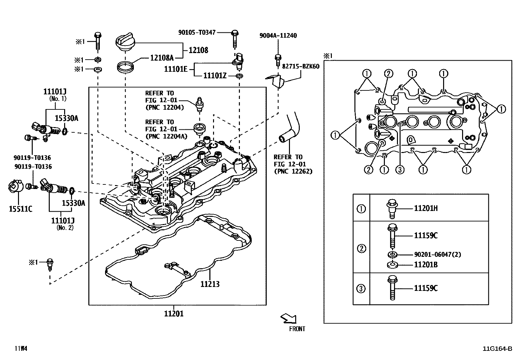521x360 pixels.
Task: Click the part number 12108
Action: (x=198, y=50)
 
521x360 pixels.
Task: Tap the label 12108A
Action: (x=162, y=58)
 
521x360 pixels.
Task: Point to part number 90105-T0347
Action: (x=197, y=32)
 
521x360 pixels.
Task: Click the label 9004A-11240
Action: (x=278, y=36)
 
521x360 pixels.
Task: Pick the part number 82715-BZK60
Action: (x=300, y=66)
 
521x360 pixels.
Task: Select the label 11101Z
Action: (x=215, y=76)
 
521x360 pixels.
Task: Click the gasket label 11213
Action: (x=210, y=284)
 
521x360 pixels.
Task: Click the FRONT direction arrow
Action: (x=289, y=318)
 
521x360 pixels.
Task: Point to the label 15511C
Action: (x=20, y=209)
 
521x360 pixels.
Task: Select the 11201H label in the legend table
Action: (x=425, y=208)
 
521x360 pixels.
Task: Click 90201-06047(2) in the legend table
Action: (x=437, y=255)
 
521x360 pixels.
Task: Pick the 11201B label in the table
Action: (x=425, y=265)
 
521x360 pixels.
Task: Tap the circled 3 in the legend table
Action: (x=361, y=289)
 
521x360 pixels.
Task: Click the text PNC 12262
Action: (x=293, y=171)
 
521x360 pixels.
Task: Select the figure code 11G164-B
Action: (x=497, y=349)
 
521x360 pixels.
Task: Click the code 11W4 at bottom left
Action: (x=20, y=349)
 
